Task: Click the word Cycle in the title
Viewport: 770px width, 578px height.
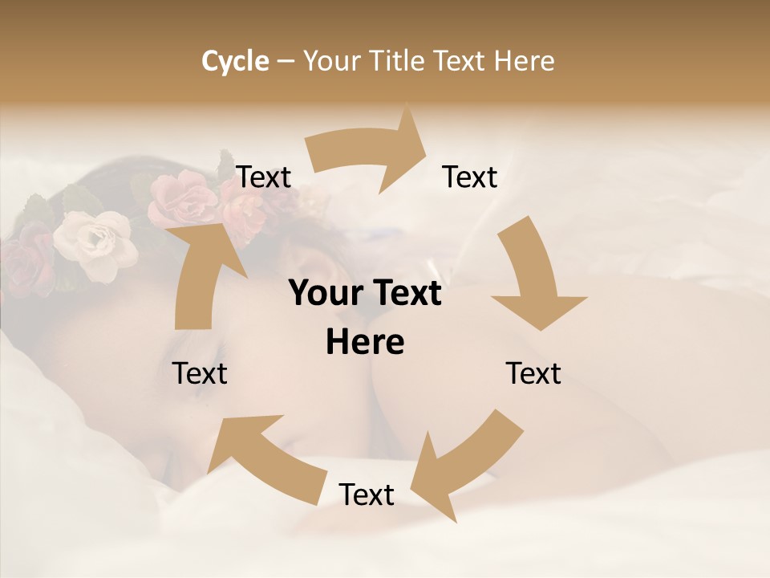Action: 235,61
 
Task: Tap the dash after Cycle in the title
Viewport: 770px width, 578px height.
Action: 286,62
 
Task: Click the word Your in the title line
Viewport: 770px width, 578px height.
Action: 332,61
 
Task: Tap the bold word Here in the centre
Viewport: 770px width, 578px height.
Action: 365,343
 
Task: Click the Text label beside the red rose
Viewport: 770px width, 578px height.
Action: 264,177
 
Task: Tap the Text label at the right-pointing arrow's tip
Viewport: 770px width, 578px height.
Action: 470,177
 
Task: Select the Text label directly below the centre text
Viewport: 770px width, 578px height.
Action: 367,495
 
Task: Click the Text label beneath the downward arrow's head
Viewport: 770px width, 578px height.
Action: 533,373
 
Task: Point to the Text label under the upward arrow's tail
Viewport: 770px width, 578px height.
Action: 201,373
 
